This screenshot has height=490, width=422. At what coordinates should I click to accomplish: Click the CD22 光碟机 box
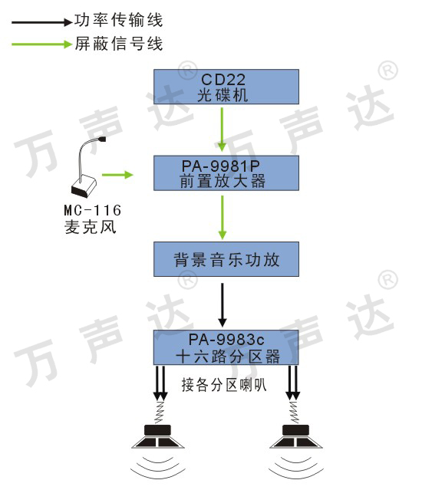tap(226, 87)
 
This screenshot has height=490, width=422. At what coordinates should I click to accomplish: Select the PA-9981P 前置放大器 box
tap(226, 173)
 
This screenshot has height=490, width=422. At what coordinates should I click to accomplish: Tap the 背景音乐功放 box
tap(226, 259)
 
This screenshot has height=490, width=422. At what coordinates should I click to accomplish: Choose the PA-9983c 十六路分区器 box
tap(226, 347)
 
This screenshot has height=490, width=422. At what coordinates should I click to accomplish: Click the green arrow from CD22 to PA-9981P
tap(222, 130)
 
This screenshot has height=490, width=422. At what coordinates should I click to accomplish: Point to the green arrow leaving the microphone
tap(117, 174)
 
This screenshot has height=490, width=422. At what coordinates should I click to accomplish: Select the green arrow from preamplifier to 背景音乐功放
tap(223, 218)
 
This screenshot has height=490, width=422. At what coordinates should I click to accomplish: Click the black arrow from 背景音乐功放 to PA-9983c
tap(223, 305)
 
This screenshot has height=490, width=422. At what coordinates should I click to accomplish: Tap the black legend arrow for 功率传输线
tap(42, 22)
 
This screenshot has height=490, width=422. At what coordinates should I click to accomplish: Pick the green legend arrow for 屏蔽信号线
tap(42, 44)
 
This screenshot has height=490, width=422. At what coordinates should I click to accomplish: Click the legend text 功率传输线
tap(118, 20)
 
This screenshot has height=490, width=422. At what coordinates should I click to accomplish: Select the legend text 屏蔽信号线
tap(118, 44)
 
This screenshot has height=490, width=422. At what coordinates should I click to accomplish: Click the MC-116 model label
tap(93, 210)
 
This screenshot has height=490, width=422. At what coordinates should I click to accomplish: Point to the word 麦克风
tap(91, 227)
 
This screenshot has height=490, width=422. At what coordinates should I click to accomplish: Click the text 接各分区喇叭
tap(224, 384)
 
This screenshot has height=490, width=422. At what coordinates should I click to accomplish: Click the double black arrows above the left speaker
tap(160, 383)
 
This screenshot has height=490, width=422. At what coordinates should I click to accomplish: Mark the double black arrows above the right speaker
tap(293, 383)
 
